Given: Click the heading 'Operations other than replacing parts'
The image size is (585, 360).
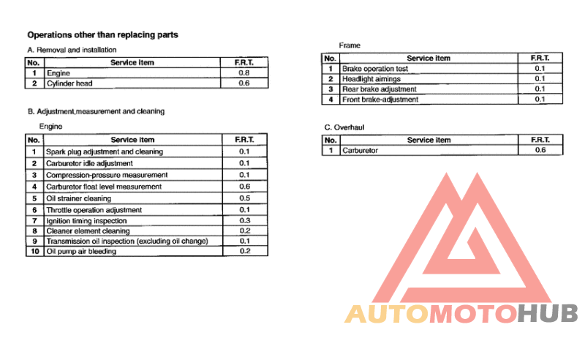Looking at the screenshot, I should [x=102, y=34].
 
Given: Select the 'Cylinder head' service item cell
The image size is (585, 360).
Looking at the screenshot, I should [x=70, y=84].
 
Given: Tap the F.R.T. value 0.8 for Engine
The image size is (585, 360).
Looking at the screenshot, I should [x=244, y=73].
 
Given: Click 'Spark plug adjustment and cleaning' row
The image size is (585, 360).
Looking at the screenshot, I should [x=105, y=151].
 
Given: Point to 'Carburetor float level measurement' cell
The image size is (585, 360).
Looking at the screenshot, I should [x=104, y=187].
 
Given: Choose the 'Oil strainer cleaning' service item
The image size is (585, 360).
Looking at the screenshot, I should [x=79, y=198].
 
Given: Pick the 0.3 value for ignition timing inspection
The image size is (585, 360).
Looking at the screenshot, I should [x=244, y=221].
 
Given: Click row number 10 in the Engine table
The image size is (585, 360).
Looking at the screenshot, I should [x=34, y=252].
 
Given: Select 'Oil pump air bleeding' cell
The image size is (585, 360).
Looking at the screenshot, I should [x=81, y=252].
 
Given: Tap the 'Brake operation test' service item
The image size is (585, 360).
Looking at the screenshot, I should [x=375, y=69].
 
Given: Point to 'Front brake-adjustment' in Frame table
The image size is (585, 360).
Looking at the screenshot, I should [x=380, y=100].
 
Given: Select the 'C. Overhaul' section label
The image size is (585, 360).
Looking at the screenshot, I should [x=344, y=127].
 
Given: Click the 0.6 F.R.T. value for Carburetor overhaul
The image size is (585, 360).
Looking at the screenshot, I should [x=540, y=150].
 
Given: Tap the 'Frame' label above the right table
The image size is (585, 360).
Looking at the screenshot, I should [x=350, y=45].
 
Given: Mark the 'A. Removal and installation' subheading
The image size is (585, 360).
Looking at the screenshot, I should [x=72, y=50].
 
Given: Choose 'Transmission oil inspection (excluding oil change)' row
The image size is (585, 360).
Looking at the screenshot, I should [x=127, y=241].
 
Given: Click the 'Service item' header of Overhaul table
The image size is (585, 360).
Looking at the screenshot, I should [x=429, y=140].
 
